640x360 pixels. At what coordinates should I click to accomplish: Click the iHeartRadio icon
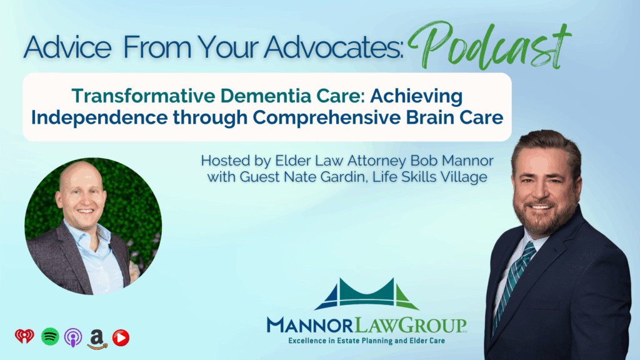tap(24, 337)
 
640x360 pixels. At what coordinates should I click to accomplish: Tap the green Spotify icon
tap(50, 337)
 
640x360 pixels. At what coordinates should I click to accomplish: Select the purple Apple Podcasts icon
tap(73, 337)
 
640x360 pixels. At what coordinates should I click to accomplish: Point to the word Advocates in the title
tap(333, 47)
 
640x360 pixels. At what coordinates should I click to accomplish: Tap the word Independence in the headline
tap(99, 117)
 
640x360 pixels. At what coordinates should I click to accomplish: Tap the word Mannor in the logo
tap(310, 325)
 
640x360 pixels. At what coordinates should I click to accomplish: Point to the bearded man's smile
tap(540, 206)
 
